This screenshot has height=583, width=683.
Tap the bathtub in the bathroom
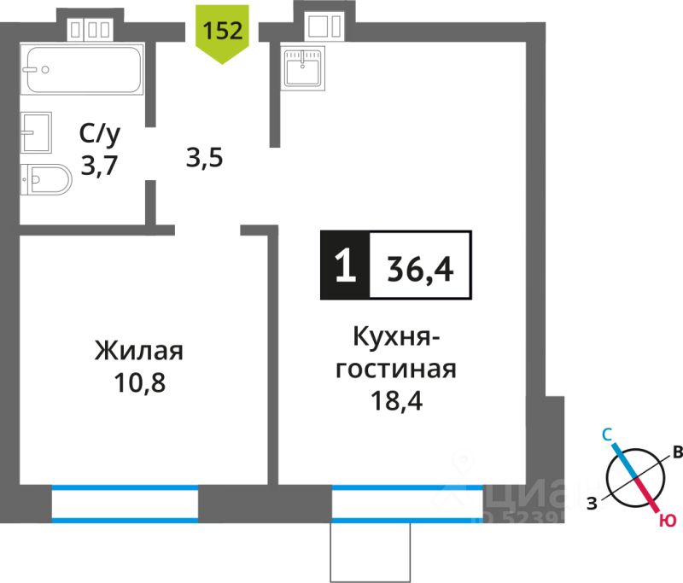click(x=83, y=70)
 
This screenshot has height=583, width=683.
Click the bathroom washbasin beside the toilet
click(x=37, y=132)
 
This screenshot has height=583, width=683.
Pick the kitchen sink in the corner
click(x=303, y=65)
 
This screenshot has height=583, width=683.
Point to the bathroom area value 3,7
click(x=98, y=161)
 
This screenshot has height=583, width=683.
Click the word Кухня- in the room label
click(x=396, y=338)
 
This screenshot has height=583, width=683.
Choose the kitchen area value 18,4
click(x=395, y=399)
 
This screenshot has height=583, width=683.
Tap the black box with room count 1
click(x=344, y=266)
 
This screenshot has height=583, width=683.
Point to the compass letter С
click(x=607, y=435)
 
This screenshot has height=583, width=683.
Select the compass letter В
click(x=676, y=452)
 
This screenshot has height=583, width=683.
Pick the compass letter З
click(x=591, y=504)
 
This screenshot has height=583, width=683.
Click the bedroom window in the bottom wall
click(x=125, y=502)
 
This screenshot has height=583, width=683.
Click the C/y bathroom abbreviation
click(x=98, y=133)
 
